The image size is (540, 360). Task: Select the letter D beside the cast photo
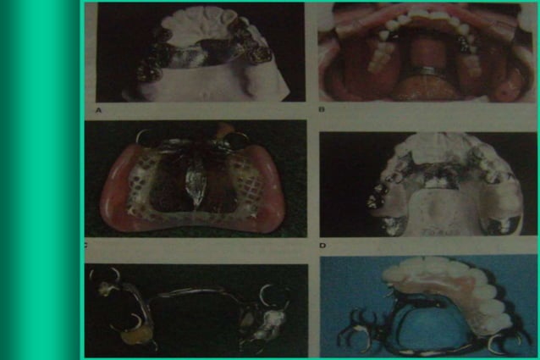(323, 246)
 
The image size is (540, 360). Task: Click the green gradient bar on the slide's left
(38, 180)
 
